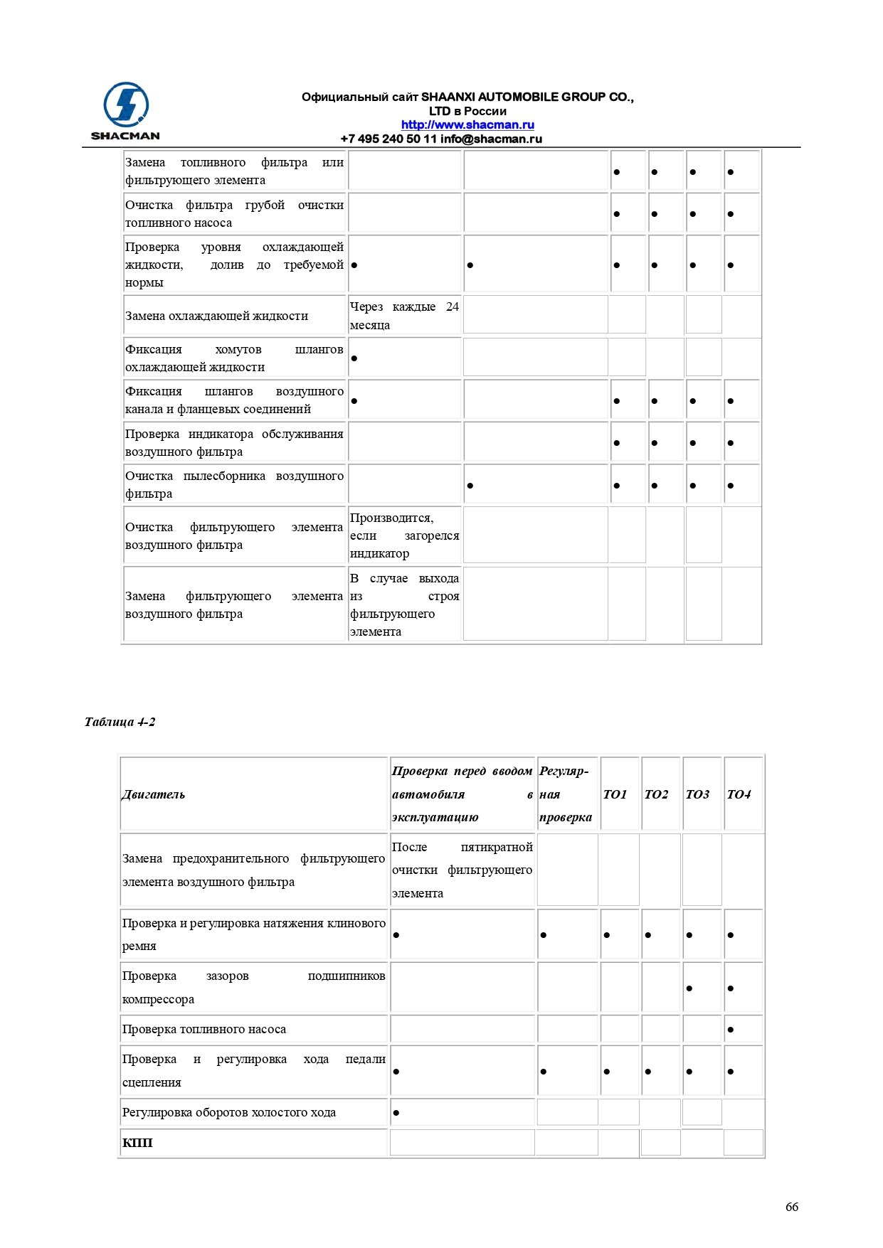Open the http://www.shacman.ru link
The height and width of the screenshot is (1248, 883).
[467, 124]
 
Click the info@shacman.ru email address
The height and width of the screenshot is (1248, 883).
[491, 139]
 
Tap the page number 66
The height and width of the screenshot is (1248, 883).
[791, 1207]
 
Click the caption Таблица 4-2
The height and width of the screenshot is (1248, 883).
[120, 722]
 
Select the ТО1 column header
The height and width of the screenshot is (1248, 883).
[615, 794]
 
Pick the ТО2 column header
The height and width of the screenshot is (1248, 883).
[656, 794]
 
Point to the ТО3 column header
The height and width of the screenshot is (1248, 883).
[697, 794]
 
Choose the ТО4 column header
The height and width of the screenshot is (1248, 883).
[739, 794]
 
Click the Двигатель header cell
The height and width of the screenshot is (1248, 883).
[154, 794]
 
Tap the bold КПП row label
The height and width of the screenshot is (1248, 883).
[137, 1143]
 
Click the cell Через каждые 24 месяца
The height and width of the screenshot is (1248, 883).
[404, 316]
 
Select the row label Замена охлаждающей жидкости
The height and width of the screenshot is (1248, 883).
[216, 316]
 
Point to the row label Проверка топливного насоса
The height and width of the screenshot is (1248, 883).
[204, 1029]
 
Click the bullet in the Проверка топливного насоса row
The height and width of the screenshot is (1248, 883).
[731, 1030]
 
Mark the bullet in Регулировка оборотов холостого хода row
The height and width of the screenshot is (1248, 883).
[396, 1113]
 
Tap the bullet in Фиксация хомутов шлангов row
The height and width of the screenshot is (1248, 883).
[354, 358]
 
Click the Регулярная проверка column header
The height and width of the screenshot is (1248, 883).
[565, 794]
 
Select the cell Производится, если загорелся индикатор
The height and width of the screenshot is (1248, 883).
[404, 535]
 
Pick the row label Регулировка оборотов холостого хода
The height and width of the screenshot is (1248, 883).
[229, 1112]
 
